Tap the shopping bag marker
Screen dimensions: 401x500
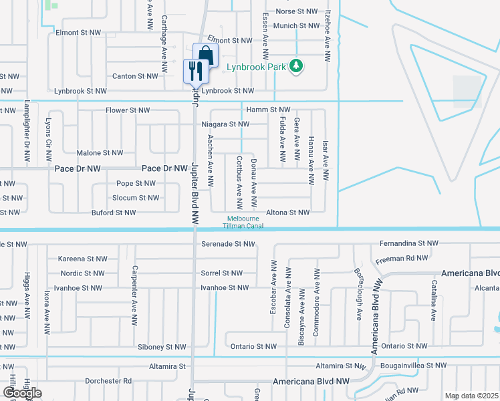coord(205,55)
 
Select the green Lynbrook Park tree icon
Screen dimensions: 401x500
coord(295,66)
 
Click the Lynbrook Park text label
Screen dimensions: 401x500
coord(257,67)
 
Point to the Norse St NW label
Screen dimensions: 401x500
coord(295,11)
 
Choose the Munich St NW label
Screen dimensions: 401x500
coord(296,25)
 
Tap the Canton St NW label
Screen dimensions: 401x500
coord(133,76)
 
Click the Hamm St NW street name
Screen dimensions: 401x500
coord(267,109)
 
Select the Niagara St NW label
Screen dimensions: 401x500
coord(225,124)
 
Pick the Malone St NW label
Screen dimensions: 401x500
coord(100,153)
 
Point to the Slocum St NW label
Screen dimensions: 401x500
coord(136,198)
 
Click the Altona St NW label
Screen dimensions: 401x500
coord(287,213)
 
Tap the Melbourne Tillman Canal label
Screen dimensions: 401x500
coord(243,223)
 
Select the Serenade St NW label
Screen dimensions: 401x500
coord(228,244)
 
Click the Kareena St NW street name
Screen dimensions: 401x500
coord(82,259)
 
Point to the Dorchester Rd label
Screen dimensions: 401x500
coord(108,381)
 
